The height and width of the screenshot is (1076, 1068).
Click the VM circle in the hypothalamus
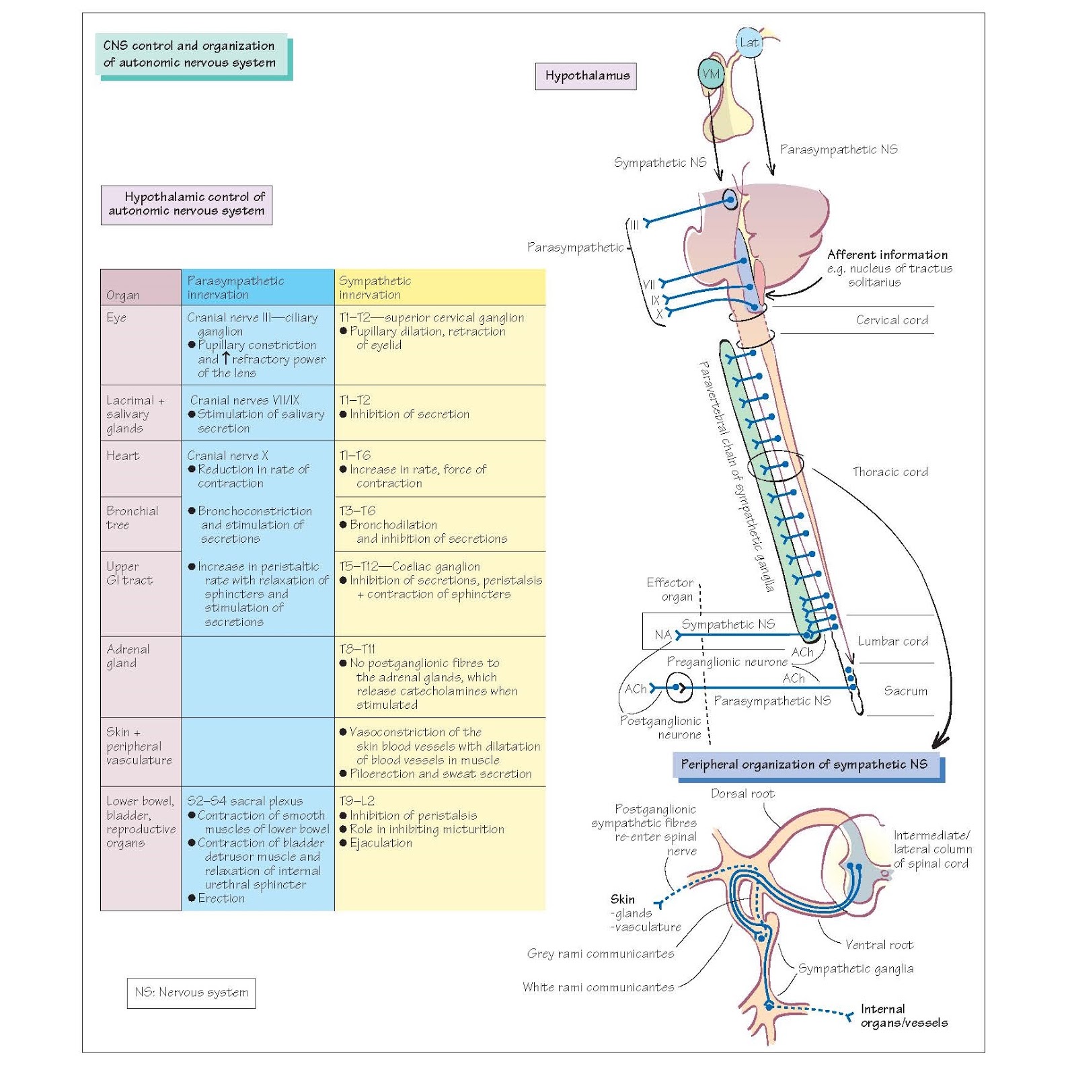tap(710, 74)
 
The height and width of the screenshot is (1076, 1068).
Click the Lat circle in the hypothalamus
tap(749, 42)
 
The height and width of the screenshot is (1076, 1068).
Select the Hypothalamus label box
tap(586, 76)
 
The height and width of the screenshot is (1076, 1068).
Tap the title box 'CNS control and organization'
tap(191, 54)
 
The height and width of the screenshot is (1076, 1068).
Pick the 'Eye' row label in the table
tap(116, 317)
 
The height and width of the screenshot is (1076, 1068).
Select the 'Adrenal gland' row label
tap(128, 656)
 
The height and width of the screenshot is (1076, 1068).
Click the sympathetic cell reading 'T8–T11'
tap(358, 649)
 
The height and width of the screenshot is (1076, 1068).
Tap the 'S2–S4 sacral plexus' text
tap(245, 801)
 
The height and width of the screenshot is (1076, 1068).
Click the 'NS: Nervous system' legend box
tap(191, 993)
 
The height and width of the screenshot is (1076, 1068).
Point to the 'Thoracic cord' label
tap(890, 472)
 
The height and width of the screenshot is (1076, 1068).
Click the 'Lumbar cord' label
tap(892, 641)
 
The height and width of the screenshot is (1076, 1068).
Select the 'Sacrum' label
tap(905, 691)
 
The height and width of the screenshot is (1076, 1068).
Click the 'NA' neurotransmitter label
tap(662, 635)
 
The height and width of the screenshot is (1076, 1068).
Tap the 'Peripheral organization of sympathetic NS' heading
tap(804, 765)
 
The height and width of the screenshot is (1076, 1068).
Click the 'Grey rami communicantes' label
tap(600, 954)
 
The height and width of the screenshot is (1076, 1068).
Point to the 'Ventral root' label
tap(878, 945)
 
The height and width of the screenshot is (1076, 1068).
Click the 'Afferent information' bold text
tap(887, 255)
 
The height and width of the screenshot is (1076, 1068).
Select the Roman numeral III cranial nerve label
tap(634, 225)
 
